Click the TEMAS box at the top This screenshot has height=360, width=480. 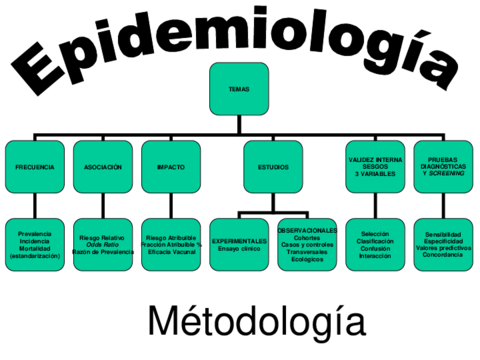click(x=239, y=89)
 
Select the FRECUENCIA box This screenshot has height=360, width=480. click(x=35, y=166)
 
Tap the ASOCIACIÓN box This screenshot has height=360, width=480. click(x=103, y=166)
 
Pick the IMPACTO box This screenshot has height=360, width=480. click(x=170, y=166)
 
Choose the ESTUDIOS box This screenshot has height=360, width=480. click(x=273, y=166)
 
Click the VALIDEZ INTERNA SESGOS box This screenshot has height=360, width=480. click(x=375, y=166)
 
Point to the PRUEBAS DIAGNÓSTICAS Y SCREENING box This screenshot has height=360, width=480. click(x=443, y=166)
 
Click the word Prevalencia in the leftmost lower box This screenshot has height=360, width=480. click(x=35, y=233)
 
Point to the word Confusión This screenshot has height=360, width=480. click(x=375, y=248)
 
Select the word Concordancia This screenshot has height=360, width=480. click(x=443, y=255)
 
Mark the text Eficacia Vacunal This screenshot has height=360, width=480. click(x=171, y=251)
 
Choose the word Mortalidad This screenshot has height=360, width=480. click(x=35, y=248)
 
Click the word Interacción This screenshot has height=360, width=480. click(x=375, y=255)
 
